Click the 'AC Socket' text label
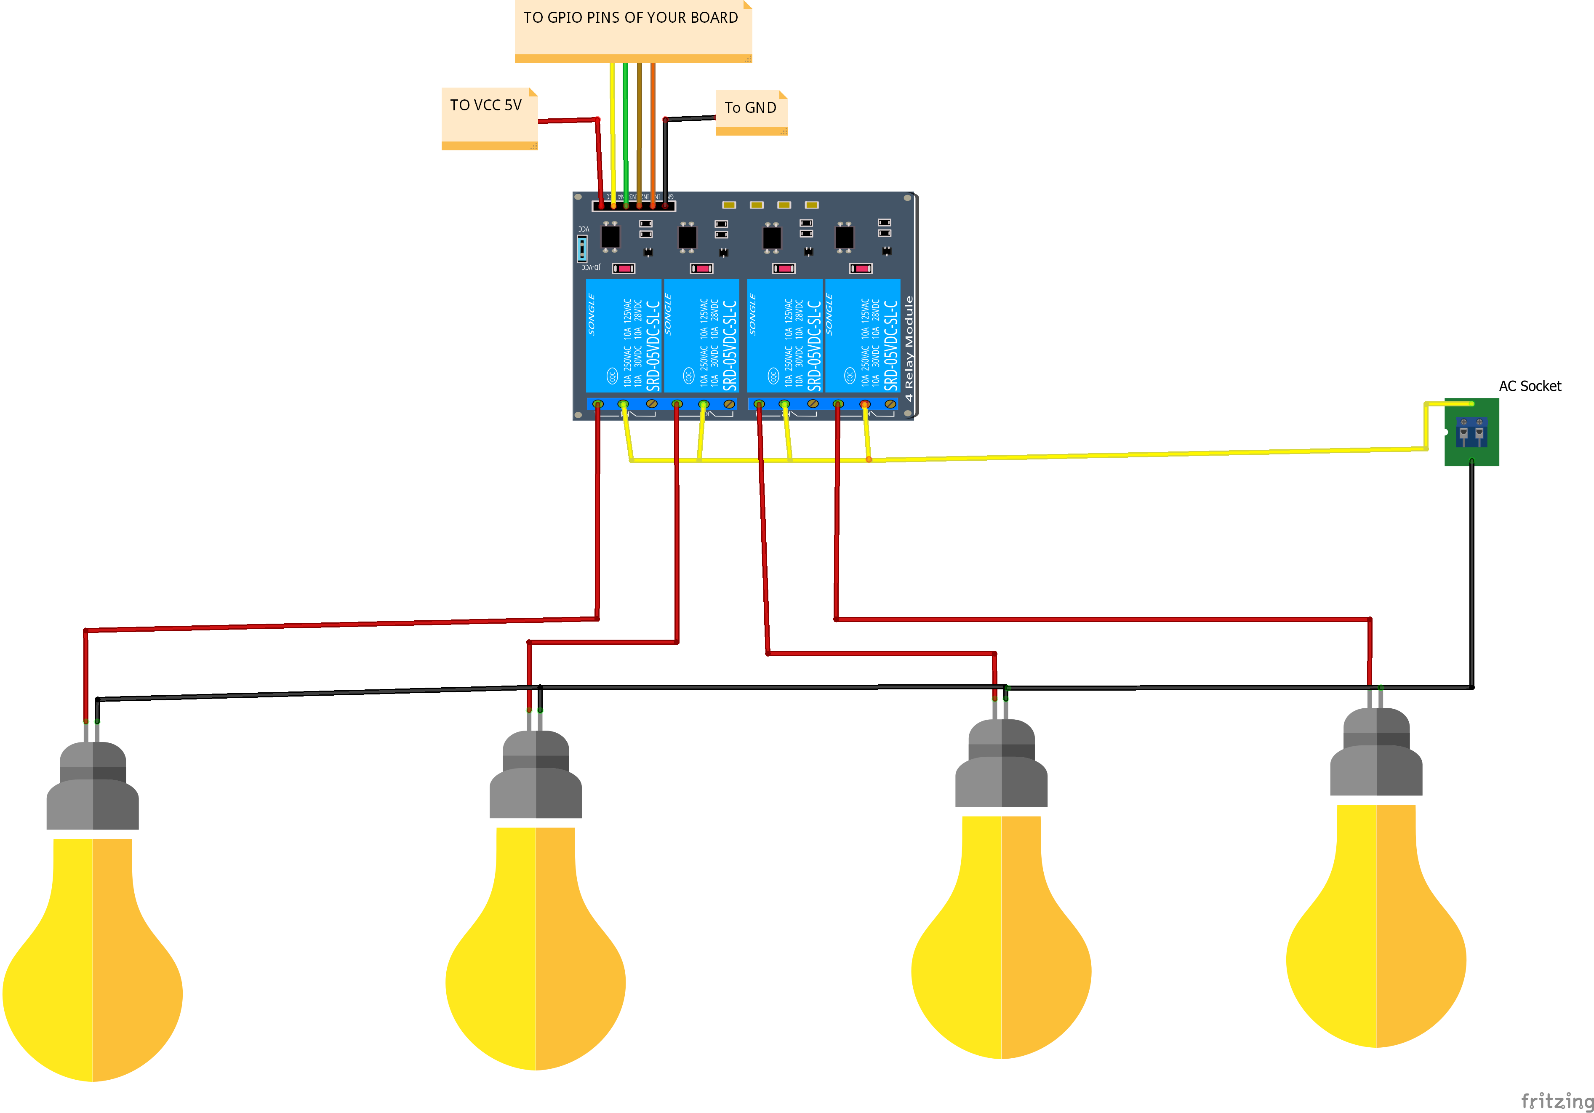coord(1530,386)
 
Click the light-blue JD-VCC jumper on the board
coord(582,248)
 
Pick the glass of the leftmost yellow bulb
coord(92,965)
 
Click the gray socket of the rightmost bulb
coord(1375,753)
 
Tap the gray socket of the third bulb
coord(1001,764)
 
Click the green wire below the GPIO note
coord(626,132)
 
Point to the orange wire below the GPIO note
coord(653,132)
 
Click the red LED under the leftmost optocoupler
coord(624,268)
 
